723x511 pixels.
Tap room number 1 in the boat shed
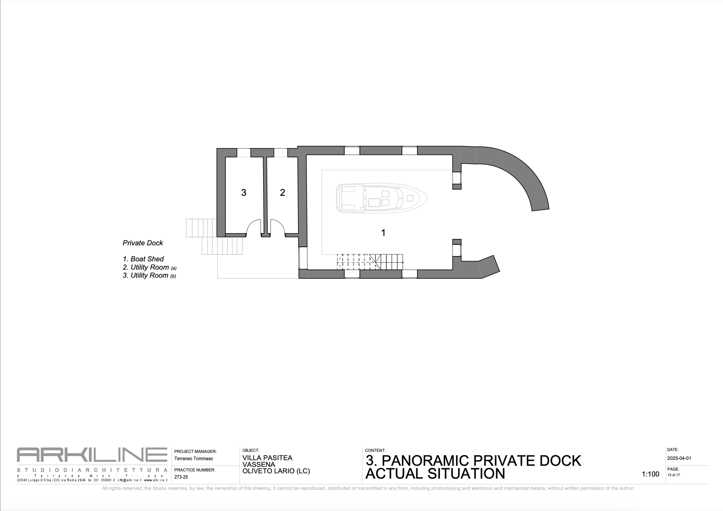coord(383,233)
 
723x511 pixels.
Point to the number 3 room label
coord(243,193)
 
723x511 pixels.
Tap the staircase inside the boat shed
coord(370,262)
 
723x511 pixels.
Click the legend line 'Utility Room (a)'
coord(149,267)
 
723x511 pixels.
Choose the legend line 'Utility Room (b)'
coord(149,276)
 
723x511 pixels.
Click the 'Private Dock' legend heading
coord(143,243)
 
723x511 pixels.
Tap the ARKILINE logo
coord(92,455)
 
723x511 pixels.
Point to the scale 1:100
coord(650,474)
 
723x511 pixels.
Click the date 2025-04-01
coord(679,459)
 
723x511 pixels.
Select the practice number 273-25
coord(181,477)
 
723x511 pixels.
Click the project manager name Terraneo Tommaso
coord(194,459)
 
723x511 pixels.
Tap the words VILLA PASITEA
coord(267,458)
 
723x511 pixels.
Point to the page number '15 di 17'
coord(674,475)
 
